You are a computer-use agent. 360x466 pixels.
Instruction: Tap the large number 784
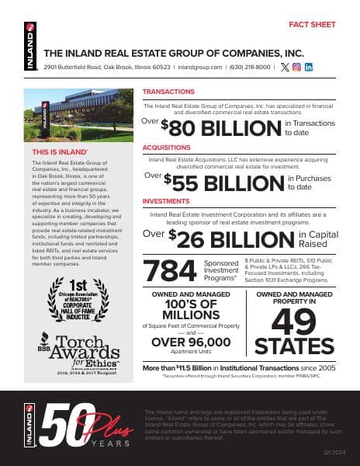(x=170, y=270)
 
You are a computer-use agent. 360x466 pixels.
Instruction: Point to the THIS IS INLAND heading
(x=57, y=151)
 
